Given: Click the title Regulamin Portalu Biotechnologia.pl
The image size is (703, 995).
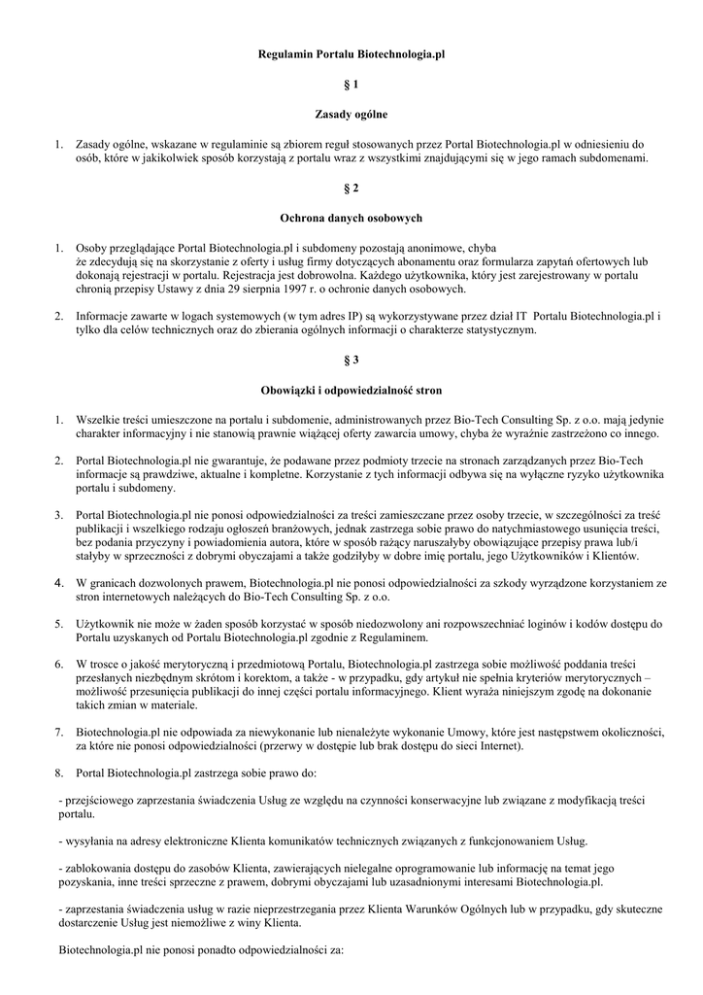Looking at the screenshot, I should click(351, 57).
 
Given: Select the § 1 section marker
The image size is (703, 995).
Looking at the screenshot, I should click(351, 86).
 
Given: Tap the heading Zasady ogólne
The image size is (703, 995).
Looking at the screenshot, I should click(351, 114).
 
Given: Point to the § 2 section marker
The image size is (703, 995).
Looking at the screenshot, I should click(351, 188).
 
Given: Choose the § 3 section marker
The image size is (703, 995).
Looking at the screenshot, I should click(351, 360).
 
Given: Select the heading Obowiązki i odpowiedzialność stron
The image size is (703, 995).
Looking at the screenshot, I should click(351, 390).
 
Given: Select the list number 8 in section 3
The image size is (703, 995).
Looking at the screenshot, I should click(59, 773).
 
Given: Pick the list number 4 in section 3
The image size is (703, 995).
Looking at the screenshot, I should click(59, 583).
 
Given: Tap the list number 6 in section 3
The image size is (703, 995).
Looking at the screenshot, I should click(59, 665).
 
